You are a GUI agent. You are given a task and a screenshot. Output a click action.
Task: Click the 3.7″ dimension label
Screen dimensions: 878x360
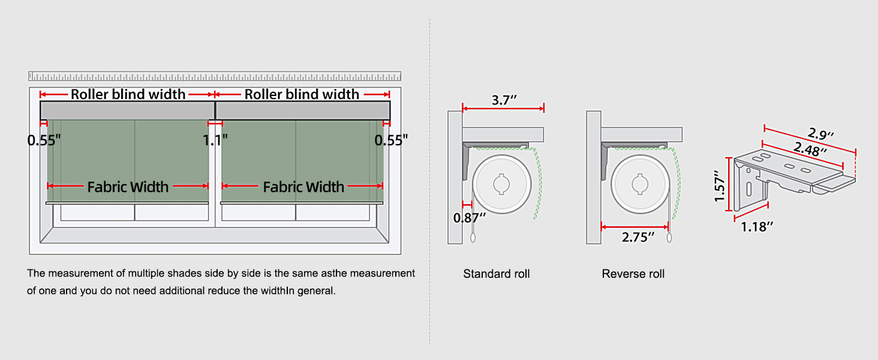pos(504,100)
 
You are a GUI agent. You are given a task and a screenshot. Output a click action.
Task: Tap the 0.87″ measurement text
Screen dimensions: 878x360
pos(469,217)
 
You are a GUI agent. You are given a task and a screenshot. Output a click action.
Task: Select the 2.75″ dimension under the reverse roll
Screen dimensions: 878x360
pos(638,237)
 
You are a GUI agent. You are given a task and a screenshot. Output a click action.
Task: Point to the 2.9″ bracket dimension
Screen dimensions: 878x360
pos(820,134)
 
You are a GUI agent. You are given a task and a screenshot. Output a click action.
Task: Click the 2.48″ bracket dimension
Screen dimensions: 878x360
pos(810,149)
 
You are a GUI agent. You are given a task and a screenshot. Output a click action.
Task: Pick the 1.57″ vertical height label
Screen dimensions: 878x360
pos(720,186)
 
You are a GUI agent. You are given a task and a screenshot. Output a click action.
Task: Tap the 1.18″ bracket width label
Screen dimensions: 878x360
pos(756,226)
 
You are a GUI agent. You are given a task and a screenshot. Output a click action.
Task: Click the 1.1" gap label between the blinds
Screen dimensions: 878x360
pos(215,140)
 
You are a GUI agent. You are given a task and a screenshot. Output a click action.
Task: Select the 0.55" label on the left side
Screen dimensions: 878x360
pos(44,140)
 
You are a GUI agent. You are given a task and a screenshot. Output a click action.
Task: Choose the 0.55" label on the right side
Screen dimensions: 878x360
pos(391,140)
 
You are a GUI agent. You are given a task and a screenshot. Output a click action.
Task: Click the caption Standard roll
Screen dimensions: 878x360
pos(496,274)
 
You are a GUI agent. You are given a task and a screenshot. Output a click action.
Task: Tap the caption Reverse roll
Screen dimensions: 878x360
pos(633,274)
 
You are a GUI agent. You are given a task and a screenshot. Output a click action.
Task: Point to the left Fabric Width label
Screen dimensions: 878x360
pos(128,187)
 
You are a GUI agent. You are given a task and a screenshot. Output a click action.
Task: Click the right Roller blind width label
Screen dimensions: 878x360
pos(302,94)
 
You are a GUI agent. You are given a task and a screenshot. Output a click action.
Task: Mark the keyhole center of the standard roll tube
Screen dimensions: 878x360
pos(501,184)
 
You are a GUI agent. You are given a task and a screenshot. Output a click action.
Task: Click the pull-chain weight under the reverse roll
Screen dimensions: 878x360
pos(669,238)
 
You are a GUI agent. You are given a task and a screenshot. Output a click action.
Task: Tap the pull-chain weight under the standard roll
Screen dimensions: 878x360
pos(473,238)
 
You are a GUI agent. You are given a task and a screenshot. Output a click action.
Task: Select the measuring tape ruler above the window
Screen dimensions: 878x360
pos(215,76)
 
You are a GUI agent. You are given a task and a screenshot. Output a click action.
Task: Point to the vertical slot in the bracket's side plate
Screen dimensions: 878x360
pos(749,189)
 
